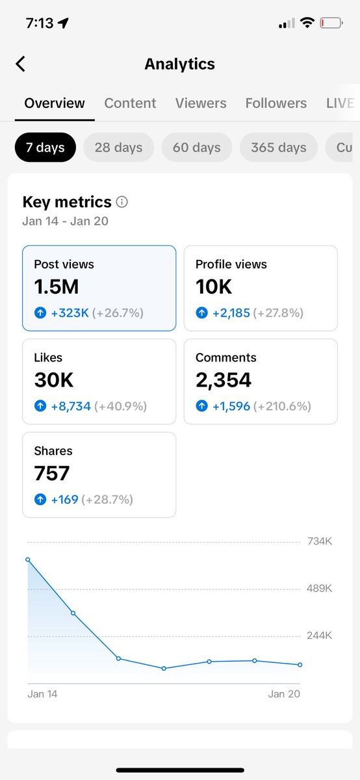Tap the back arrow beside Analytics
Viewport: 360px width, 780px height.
pos(21,64)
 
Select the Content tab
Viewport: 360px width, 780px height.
pos(130,103)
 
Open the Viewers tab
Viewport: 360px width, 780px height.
pos(201,103)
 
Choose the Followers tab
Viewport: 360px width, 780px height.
pos(276,103)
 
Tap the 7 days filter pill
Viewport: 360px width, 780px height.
pos(45,148)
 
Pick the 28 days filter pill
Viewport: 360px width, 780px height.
pos(118,148)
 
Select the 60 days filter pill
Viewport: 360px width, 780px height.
pos(196,148)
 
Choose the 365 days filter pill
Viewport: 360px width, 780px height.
pos(278,148)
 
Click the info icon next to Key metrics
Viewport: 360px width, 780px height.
pos(122,202)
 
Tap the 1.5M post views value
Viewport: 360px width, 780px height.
pos(57,287)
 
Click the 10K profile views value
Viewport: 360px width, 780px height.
pos(214,287)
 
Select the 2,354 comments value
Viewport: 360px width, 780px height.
pos(224,380)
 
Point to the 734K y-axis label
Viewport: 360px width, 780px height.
pos(319,541)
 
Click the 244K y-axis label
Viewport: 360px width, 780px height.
pos(319,636)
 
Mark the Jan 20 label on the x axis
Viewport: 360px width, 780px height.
pos(284,694)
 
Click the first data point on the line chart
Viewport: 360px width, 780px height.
pos(27,559)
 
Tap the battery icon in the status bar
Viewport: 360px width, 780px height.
pos(331,23)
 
